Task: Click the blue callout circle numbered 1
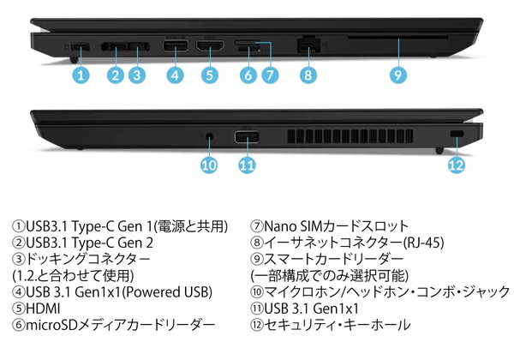point(81,75)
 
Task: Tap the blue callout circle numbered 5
point(210,75)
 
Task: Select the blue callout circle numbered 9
point(398,75)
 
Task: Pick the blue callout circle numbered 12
point(457,165)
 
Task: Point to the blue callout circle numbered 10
point(209,165)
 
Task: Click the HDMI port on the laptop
point(210,45)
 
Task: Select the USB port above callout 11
point(247,137)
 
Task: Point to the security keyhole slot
point(457,134)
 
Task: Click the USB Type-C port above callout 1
point(81,46)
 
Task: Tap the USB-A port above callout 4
point(176,45)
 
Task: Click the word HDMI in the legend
point(43,309)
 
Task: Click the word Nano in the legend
point(279,226)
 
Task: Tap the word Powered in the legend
point(153,292)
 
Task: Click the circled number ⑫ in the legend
point(257,325)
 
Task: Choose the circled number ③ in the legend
point(19,260)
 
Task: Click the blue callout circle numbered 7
point(270,75)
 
